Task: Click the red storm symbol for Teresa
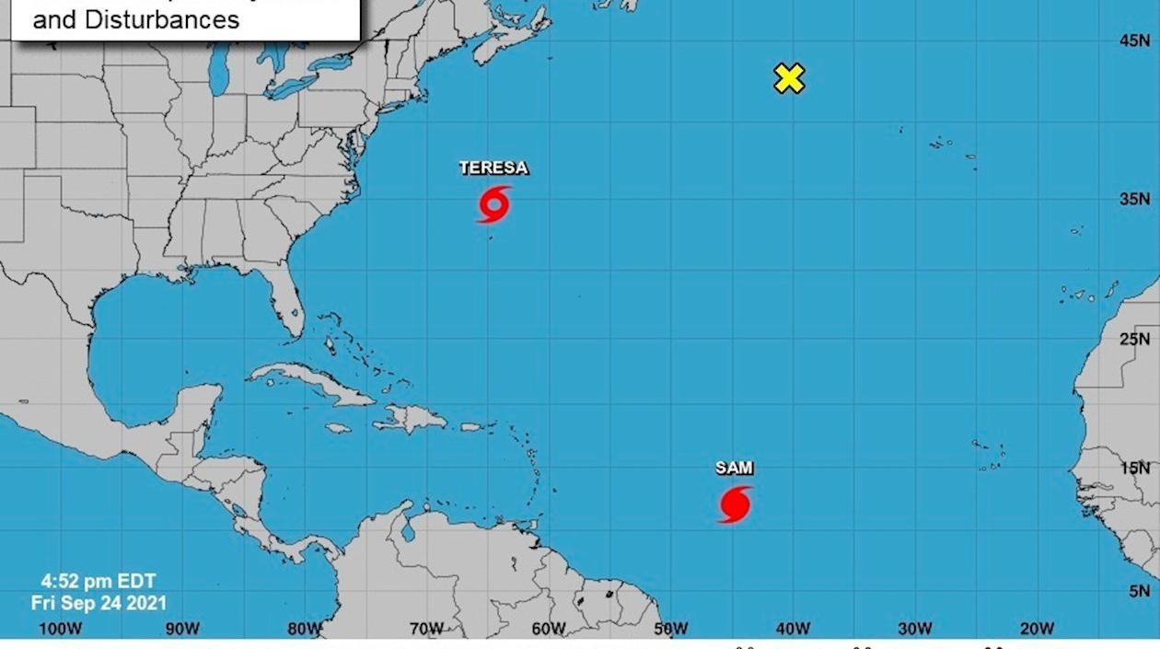494,203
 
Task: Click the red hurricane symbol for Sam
735,504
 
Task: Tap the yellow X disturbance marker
789,78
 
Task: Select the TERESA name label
493,168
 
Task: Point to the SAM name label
734,468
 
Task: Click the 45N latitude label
1134,41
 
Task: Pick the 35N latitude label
1134,199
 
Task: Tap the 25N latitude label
1134,340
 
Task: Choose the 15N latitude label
1134,468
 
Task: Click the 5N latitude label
1139,591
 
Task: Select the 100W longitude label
61,629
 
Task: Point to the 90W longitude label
182,629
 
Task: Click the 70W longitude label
426,629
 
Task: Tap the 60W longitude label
549,629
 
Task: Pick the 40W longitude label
793,629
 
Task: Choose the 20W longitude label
1037,629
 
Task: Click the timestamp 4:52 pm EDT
99,582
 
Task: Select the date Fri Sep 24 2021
99,603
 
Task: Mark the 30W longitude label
914,629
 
